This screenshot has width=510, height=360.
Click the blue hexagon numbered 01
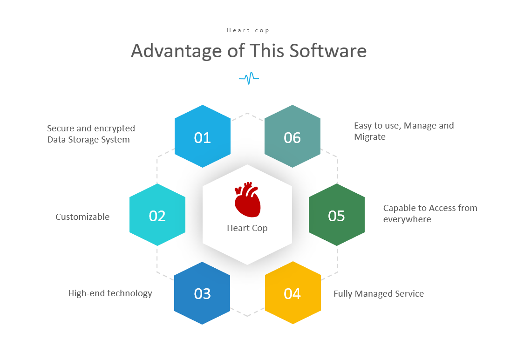click(203, 136)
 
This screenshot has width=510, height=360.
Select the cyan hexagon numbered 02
click(157, 215)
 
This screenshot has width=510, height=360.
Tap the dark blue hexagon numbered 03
click(202, 293)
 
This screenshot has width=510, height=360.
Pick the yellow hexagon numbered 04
click(293, 292)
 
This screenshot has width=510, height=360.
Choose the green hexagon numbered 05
click(337, 215)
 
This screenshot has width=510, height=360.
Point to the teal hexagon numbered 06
click(292, 136)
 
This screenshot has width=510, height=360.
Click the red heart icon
click(247, 199)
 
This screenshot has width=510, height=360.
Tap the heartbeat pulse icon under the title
click(249, 78)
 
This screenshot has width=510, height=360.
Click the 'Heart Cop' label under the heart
click(247, 228)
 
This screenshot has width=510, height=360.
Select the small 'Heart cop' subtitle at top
click(248, 30)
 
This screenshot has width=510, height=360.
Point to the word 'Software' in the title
click(328, 51)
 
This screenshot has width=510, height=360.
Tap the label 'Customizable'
click(82, 217)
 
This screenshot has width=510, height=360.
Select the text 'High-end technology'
click(110, 293)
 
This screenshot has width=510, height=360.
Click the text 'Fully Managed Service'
click(379, 294)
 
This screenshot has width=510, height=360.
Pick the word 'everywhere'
click(407, 219)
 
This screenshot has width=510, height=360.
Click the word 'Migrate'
click(370, 137)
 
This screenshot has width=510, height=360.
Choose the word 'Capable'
click(398, 208)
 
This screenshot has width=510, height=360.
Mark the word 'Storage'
click(83, 140)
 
